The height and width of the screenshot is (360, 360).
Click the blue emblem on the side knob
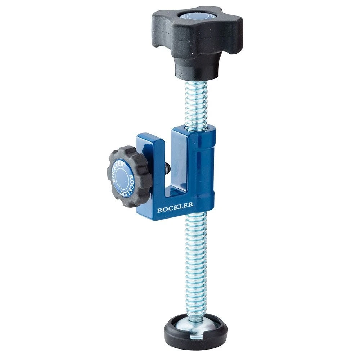point(122,176)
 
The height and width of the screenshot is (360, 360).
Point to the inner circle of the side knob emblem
point(122,177)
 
